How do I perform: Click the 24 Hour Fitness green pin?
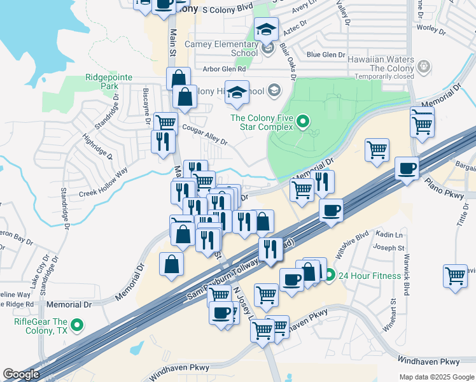(329, 276)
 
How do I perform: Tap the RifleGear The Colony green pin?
(78, 326)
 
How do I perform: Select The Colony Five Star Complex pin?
(303, 122)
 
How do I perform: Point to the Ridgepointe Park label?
(109, 81)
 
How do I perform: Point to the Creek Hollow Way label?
(104, 181)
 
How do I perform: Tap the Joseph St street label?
(389, 247)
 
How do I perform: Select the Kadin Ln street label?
(391, 235)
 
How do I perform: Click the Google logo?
(21, 374)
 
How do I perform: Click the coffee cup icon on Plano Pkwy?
(407, 169)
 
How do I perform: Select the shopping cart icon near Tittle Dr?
(455, 276)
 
